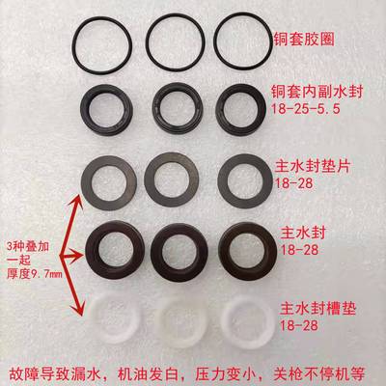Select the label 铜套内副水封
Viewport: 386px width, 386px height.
click(319, 93)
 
